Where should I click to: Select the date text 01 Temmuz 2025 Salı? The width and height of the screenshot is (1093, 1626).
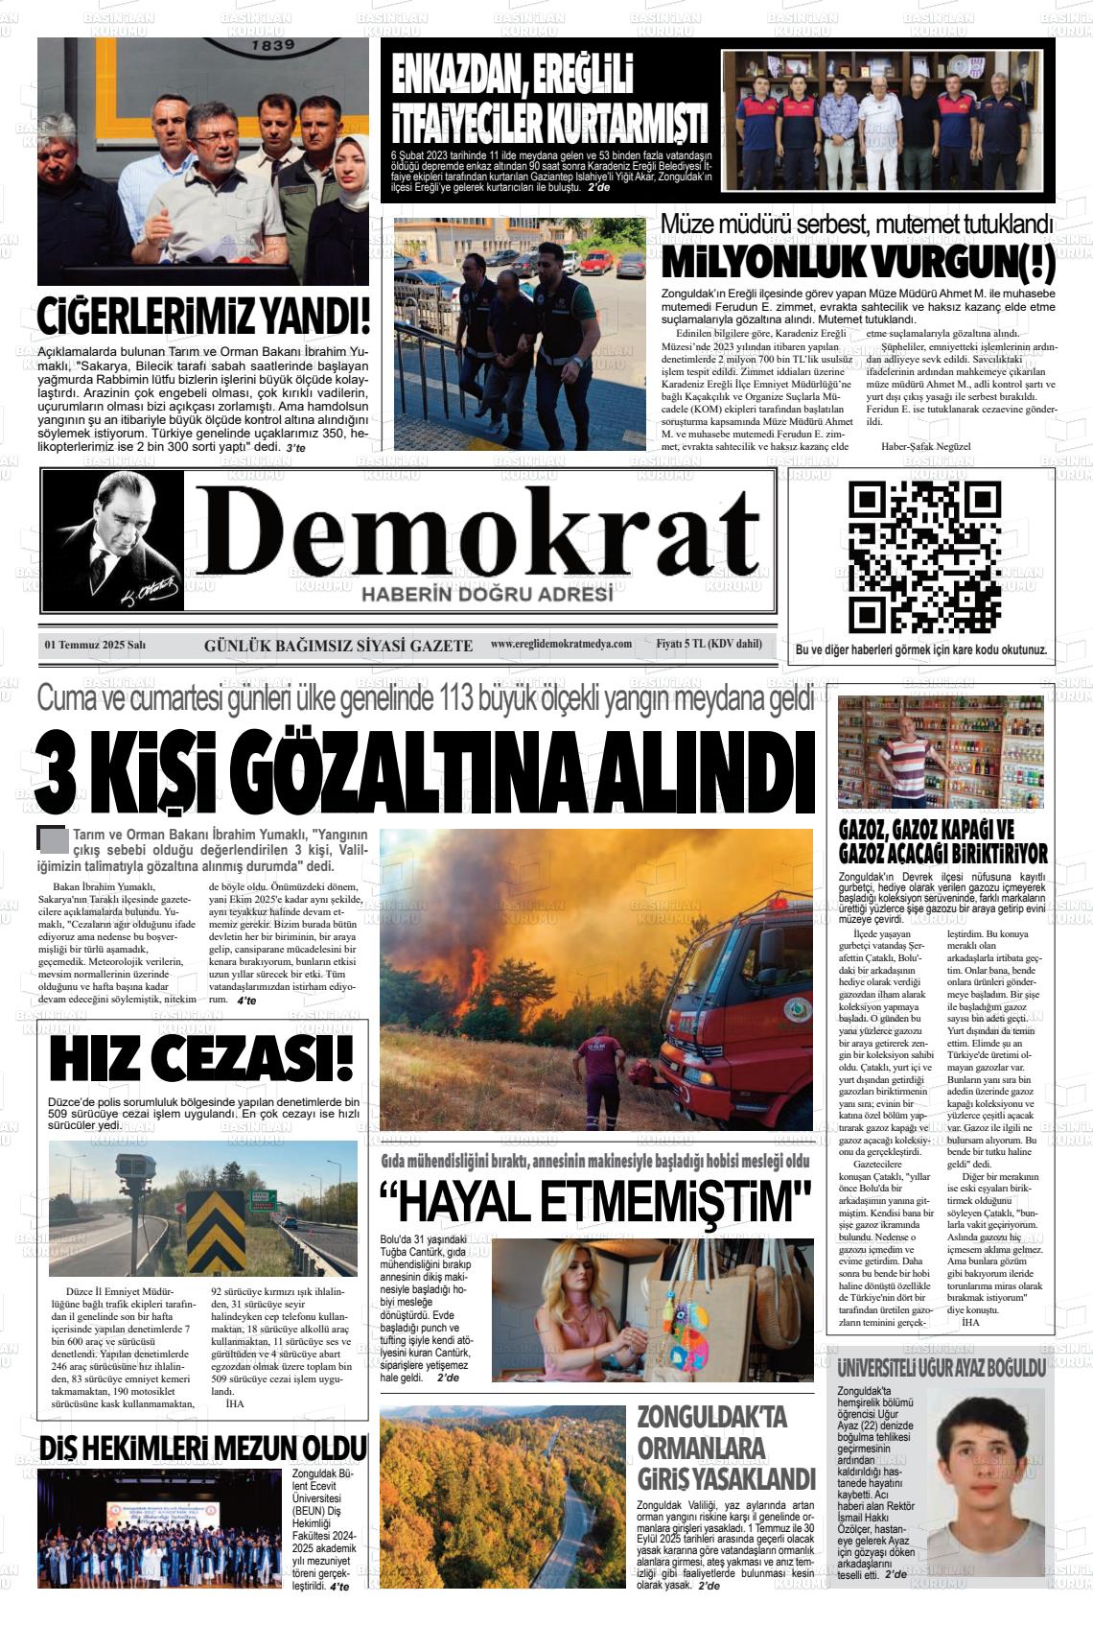click(x=102, y=645)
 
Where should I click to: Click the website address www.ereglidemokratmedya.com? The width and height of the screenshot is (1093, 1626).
click(x=561, y=644)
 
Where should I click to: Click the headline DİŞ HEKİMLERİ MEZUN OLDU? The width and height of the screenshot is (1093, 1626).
click(x=203, y=1448)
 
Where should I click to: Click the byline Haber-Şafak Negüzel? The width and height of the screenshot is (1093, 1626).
click(x=924, y=446)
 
